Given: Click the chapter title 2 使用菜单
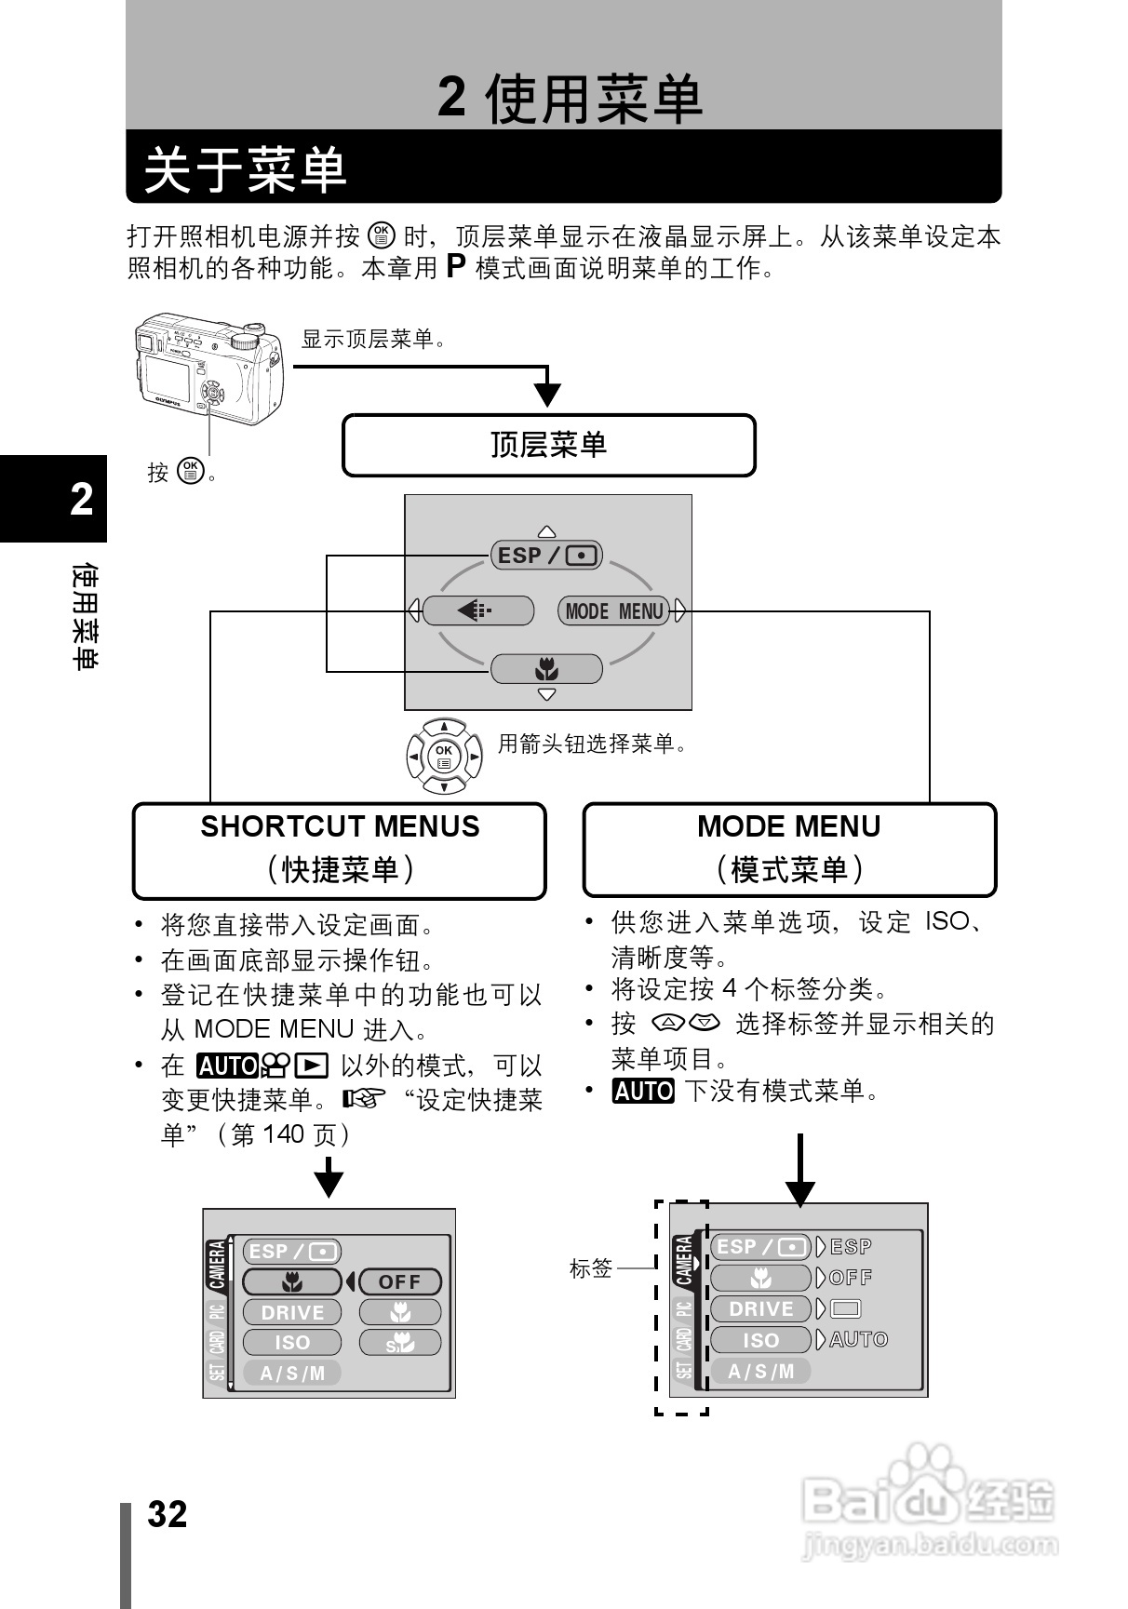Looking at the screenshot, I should pos(570,99).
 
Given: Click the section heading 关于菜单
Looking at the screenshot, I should pos(246,169).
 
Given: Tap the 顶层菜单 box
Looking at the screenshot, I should pos(548,445).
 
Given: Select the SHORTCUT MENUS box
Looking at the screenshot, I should pos(340,850).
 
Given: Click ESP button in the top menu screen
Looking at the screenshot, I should pos(546,556).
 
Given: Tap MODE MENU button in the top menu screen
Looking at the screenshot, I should pos(614,611).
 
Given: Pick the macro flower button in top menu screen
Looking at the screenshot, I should pos(546,669).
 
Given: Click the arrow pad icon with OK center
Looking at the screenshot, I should pos(445,756).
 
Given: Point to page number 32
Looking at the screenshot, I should pos(168,1514).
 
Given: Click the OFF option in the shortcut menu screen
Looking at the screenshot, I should pos(399,1281).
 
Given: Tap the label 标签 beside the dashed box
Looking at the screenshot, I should pos(591,1267).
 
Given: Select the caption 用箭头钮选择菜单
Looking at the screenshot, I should pos(593,744).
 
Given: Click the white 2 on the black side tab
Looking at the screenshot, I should pos(82,500).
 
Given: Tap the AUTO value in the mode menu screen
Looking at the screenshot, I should pos(858,1339).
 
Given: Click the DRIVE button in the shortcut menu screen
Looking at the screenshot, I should pos(292,1312).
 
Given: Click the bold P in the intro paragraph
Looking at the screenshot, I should pos(455,267).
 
